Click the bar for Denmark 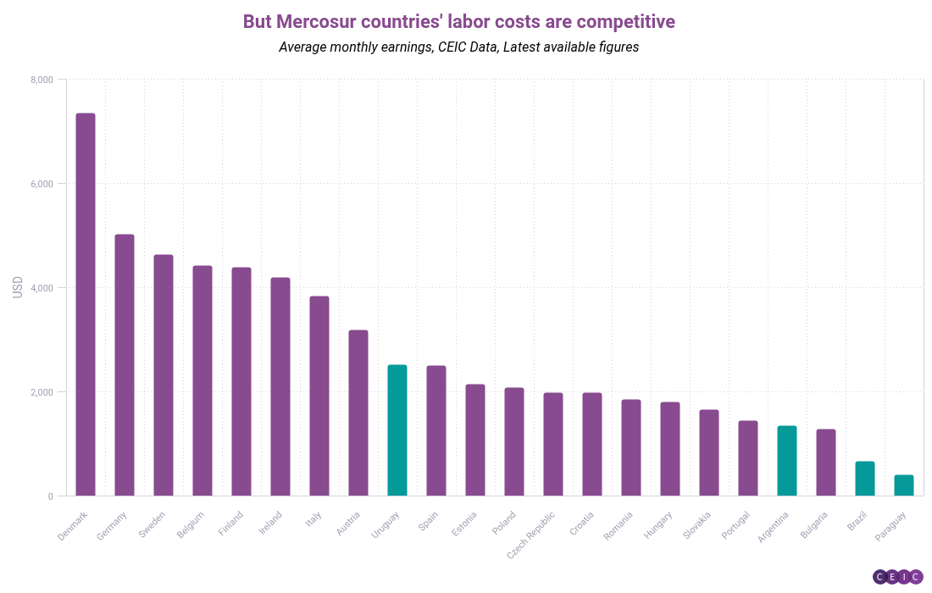86,305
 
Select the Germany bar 125,365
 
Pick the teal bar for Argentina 787,461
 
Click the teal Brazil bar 865,479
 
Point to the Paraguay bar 904,485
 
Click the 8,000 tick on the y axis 42,80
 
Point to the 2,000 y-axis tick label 42,392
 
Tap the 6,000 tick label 42,184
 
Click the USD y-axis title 18,287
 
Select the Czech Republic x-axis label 532,534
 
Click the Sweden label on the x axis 153,524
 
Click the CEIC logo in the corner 897,577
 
